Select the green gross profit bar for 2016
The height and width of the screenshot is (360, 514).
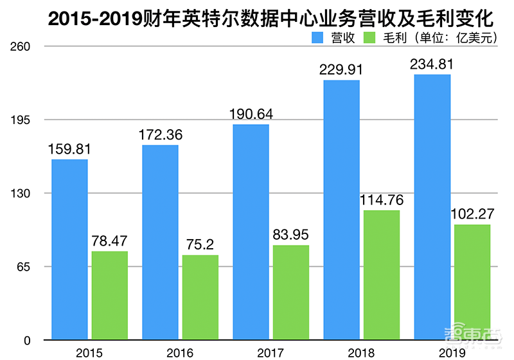200,297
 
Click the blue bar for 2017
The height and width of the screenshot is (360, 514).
251,231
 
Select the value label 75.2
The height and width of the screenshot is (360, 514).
200,244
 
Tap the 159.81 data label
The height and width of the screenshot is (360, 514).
69,148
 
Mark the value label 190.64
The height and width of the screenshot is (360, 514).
251,114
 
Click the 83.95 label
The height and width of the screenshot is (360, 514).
291,235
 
